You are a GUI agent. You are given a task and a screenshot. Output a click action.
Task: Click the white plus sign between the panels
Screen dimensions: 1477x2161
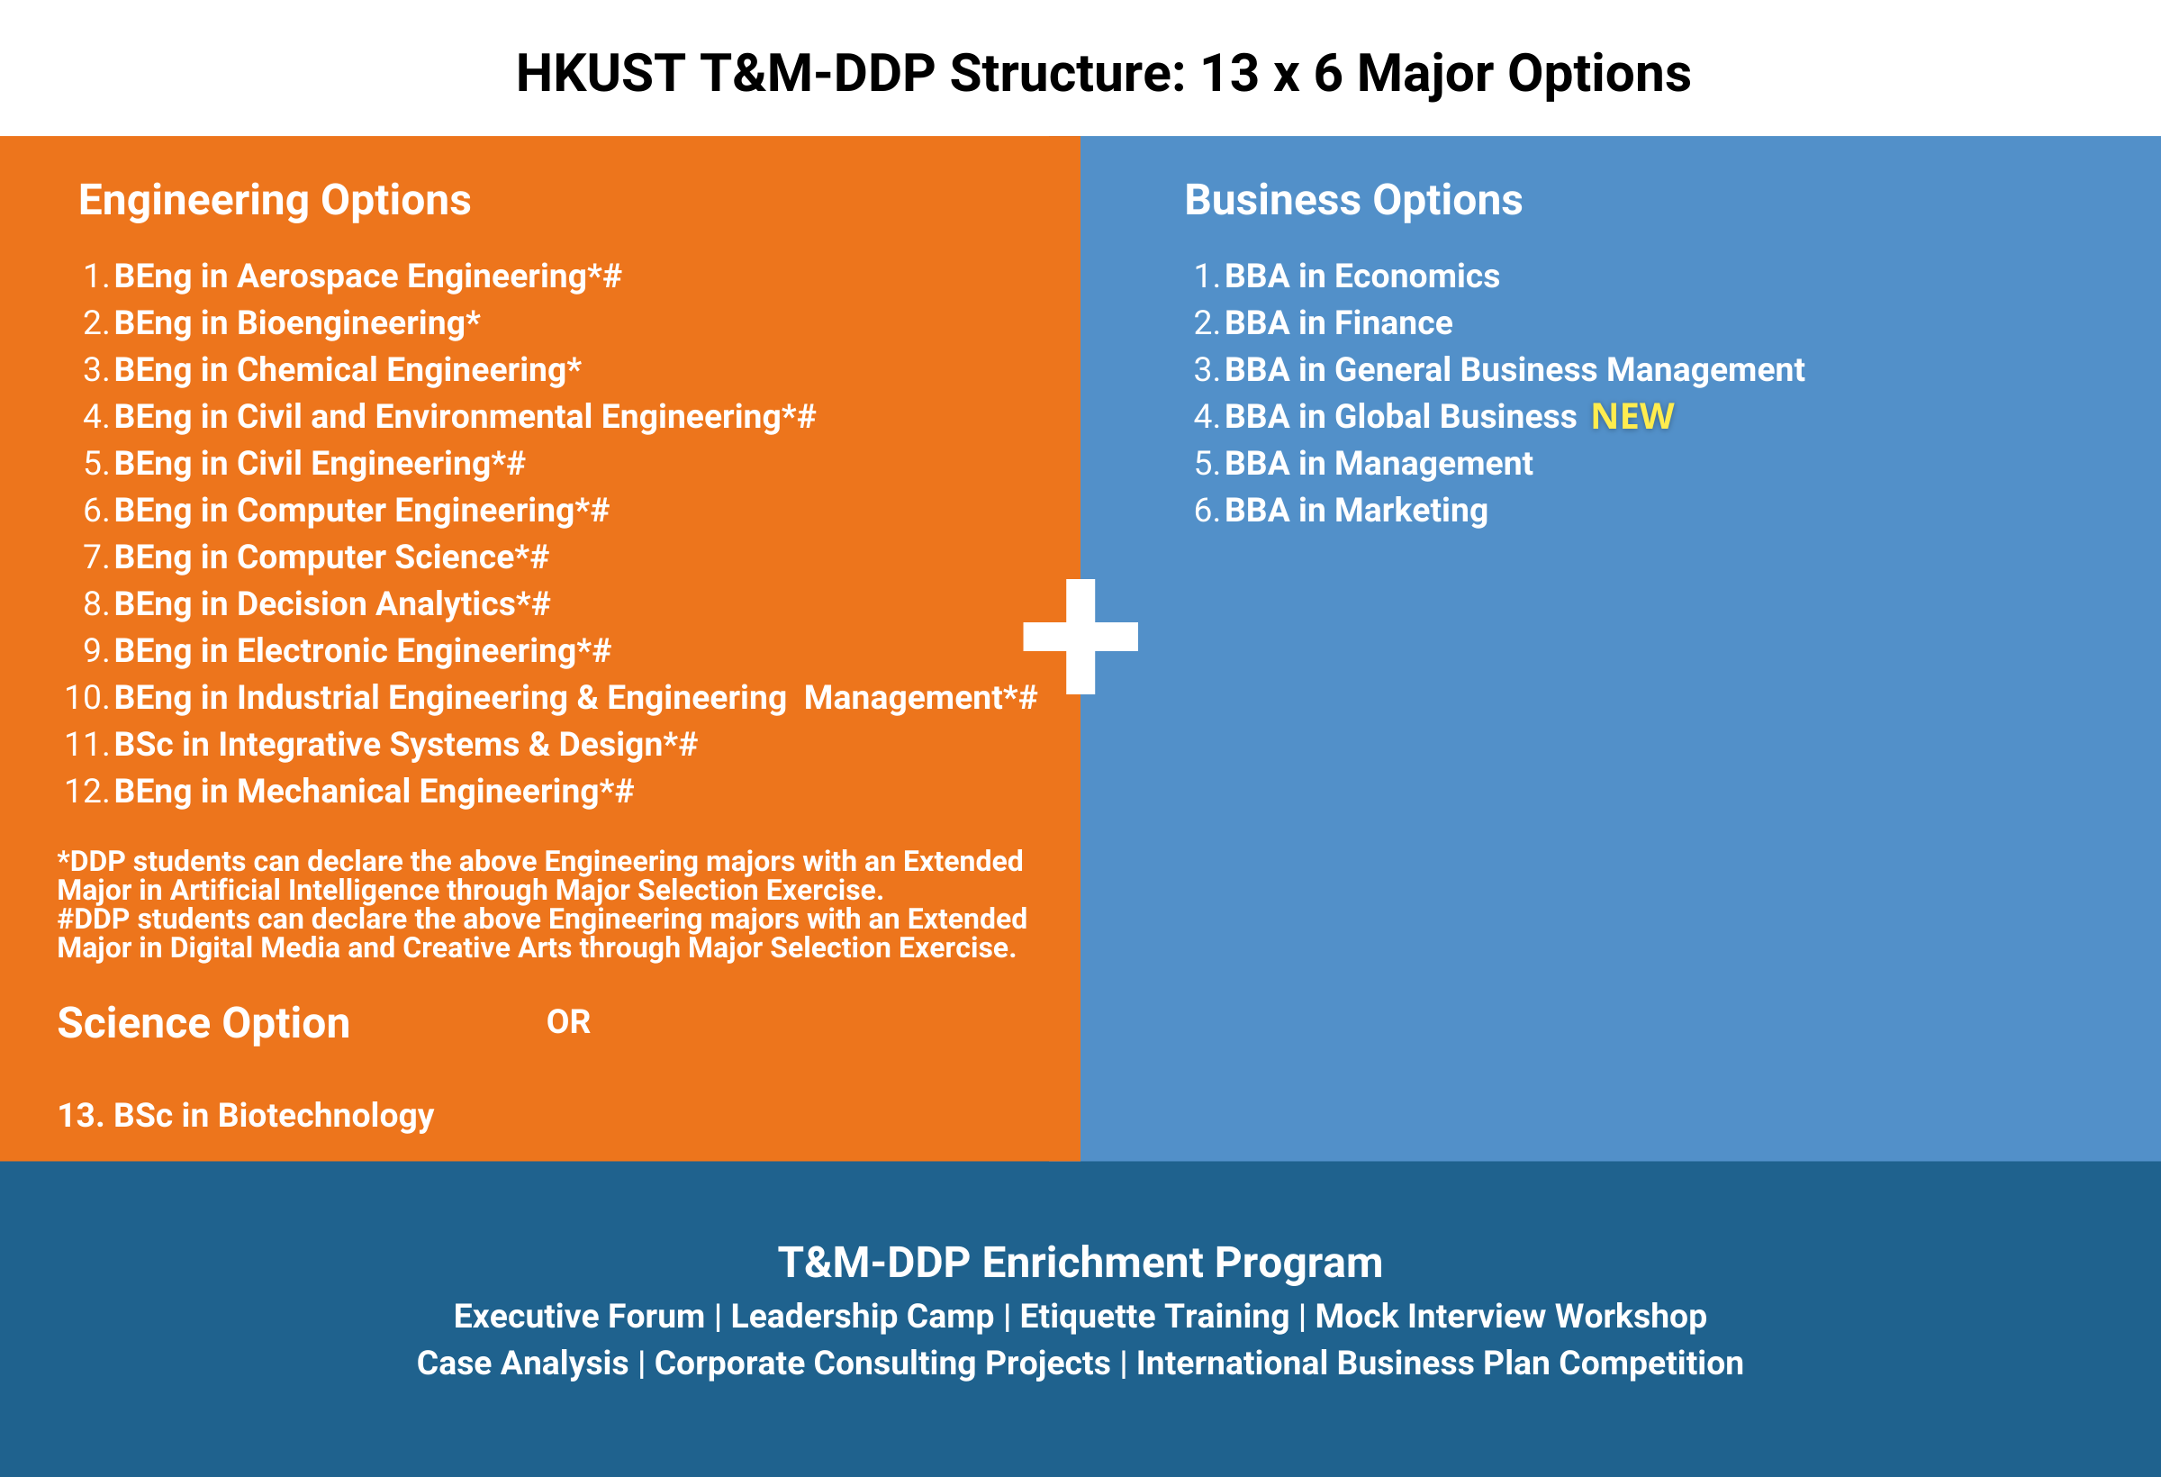(1080, 636)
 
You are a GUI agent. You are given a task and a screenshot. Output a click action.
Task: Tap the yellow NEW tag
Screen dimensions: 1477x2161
(1632, 417)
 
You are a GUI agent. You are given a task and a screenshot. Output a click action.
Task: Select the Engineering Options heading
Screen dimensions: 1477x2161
(275, 200)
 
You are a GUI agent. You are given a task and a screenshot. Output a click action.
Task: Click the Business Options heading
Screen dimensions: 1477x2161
(1353, 200)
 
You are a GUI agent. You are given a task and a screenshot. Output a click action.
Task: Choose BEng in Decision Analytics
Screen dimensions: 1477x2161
(331, 603)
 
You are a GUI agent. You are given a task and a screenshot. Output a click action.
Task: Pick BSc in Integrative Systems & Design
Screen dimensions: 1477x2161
(404, 744)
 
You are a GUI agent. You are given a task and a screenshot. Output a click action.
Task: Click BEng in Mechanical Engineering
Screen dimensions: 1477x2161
(373, 791)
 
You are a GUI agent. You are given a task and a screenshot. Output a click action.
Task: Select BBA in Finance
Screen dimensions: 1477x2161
(1338, 322)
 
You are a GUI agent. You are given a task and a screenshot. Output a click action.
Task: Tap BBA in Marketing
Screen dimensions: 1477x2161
(1356, 510)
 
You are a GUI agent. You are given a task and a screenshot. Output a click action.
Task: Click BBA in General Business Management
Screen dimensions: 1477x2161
(1514, 369)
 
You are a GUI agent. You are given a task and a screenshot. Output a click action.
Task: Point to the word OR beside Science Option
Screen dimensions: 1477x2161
(568, 1022)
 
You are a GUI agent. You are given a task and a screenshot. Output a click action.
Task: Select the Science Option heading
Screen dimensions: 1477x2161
(203, 1023)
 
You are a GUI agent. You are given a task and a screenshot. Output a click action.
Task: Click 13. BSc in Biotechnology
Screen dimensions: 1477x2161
(247, 1114)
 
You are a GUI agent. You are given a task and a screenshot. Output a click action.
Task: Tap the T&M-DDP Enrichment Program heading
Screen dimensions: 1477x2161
(1080, 1262)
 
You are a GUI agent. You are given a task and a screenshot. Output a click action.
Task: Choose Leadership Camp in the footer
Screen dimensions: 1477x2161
(862, 1316)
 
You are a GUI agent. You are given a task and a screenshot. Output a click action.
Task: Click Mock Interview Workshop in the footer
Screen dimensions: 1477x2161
(1510, 1316)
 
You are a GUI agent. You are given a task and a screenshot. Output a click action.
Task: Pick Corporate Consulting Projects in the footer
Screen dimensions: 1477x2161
(882, 1363)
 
